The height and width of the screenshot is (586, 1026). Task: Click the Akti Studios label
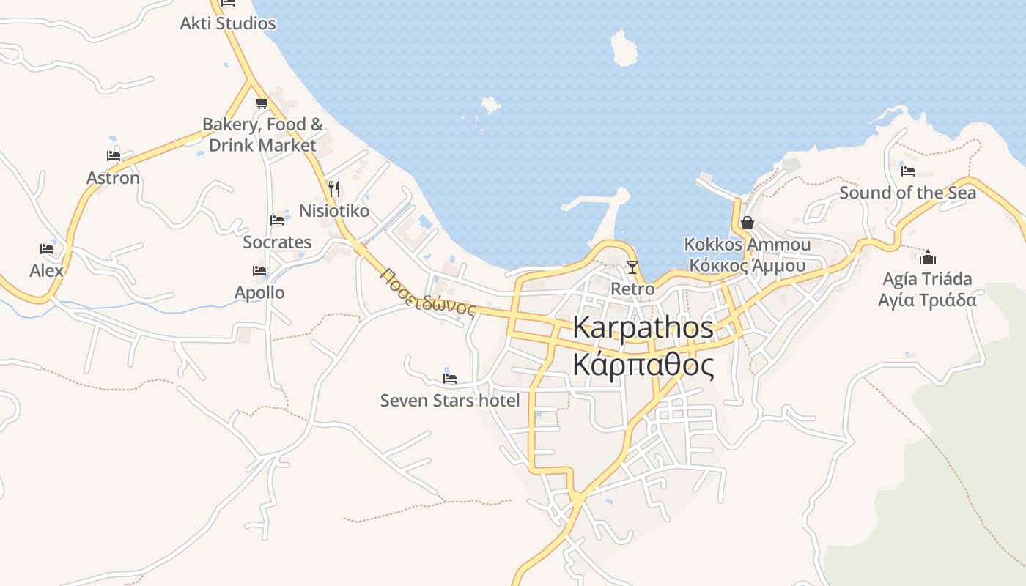click(228, 23)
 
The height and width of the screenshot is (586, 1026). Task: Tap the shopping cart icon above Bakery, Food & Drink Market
click(262, 103)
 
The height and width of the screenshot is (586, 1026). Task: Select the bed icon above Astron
click(113, 155)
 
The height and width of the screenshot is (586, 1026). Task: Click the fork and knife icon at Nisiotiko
click(333, 189)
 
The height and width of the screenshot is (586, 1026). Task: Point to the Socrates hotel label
click(277, 242)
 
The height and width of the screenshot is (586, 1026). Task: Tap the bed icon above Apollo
click(259, 270)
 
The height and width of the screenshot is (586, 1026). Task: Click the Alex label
click(47, 271)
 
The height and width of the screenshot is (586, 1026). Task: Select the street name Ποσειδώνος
click(428, 291)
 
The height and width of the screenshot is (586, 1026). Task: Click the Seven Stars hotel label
click(449, 401)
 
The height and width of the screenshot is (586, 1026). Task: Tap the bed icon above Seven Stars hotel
click(450, 378)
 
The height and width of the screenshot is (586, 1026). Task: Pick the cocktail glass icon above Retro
click(632, 267)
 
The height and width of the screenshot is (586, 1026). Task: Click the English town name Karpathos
click(643, 327)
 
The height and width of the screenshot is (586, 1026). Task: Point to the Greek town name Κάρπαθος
click(643, 364)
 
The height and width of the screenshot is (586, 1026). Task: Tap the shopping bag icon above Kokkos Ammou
click(748, 222)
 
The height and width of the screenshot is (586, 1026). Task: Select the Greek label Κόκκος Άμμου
click(748, 265)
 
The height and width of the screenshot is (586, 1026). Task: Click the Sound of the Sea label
click(907, 193)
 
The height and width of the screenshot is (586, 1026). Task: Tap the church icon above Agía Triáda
click(928, 257)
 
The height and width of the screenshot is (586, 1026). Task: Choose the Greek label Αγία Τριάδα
click(928, 300)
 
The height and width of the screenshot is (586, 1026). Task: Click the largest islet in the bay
click(624, 49)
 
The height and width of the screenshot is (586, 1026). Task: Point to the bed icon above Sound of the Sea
click(908, 171)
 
